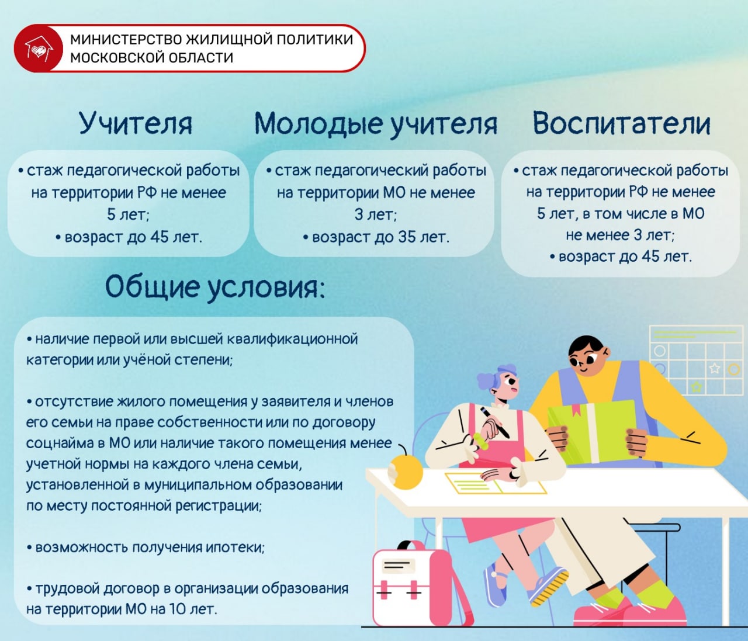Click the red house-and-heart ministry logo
pyautogui.click(x=38, y=48)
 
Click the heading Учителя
pyautogui.click(x=136, y=123)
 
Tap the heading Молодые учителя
pyautogui.click(x=376, y=124)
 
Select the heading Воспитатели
pyautogui.click(x=621, y=123)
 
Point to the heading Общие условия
pyautogui.click(x=215, y=287)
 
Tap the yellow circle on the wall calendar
pyautogui.click(x=734, y=369)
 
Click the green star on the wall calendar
pyautogui.click(x=697, y=387)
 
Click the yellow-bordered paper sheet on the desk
pyautogui.click(x=495, y=483)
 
